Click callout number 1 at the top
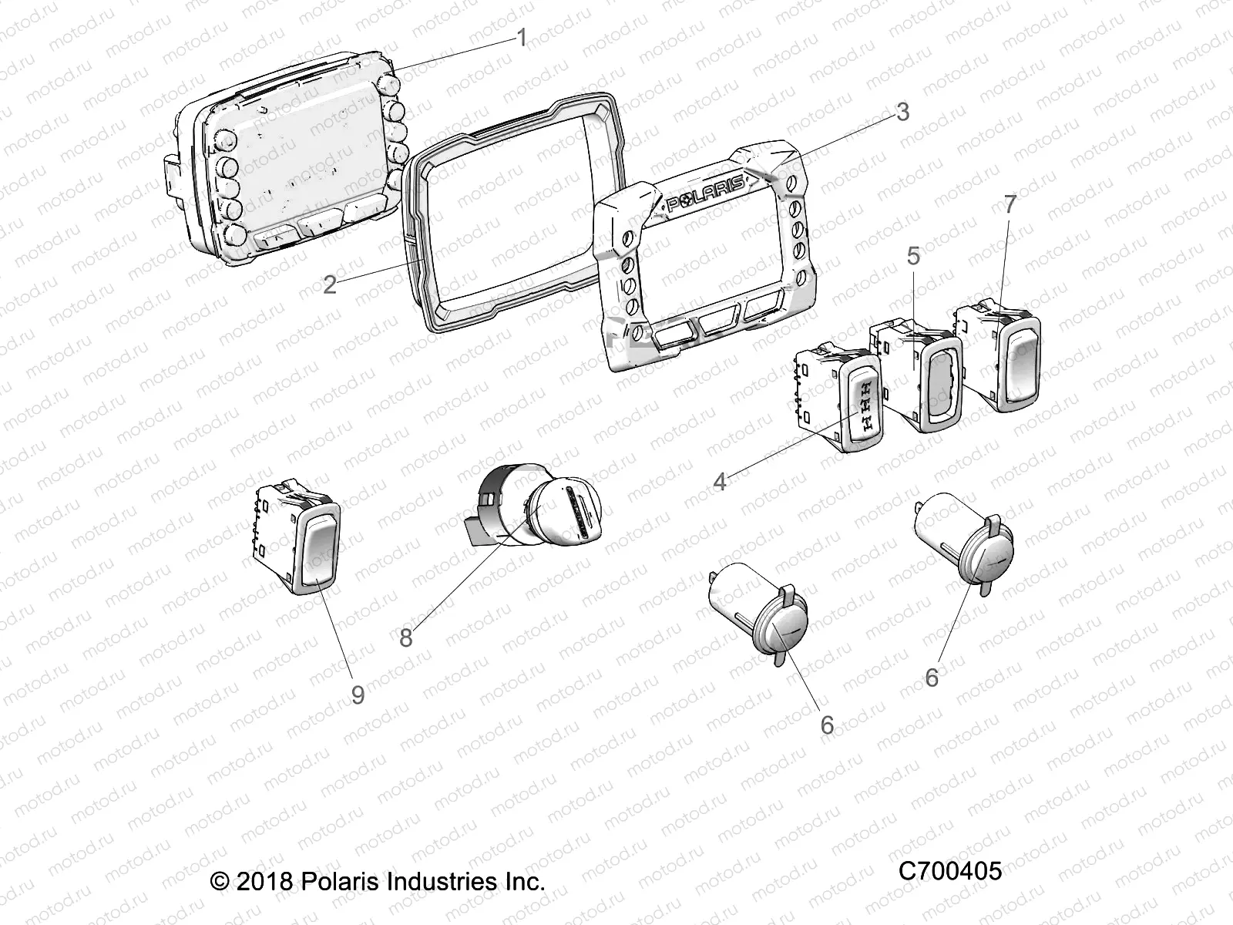pos(522,37)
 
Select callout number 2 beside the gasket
pos(330,285)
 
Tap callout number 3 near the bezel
pos(902,112)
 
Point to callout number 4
pos(720,482)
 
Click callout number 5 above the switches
pos(913,255)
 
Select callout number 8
pos(406,637)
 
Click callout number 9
pos(358,694)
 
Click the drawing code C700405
pos(949,871)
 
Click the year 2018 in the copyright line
pos(264,881)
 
